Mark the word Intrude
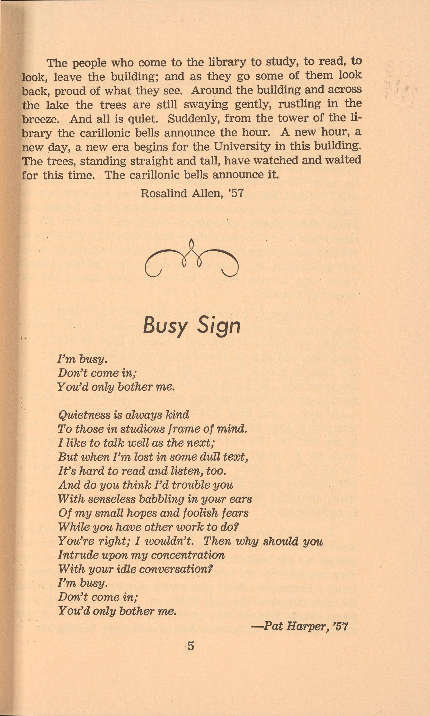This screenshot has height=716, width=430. click(x=74, y=555)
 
